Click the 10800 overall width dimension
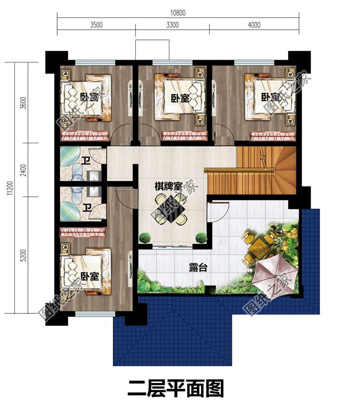click(178, 13)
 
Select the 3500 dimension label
click(96, 25)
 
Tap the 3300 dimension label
click(172, 25)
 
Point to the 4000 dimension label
click(254, 25)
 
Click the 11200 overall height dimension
click(10, 188)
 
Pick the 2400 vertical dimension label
click(24, 170)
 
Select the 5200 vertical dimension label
click(24, 255)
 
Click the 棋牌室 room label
click(168, 186)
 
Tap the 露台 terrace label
click(198, 267)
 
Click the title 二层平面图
click(176, 388)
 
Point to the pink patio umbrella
click(275, 275)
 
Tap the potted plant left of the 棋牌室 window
click(144, 238)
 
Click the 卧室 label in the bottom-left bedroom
click(90, 276)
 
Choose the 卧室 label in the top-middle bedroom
click(180, 98)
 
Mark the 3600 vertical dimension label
click(24, 103)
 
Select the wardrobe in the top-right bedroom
click(273, 136)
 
